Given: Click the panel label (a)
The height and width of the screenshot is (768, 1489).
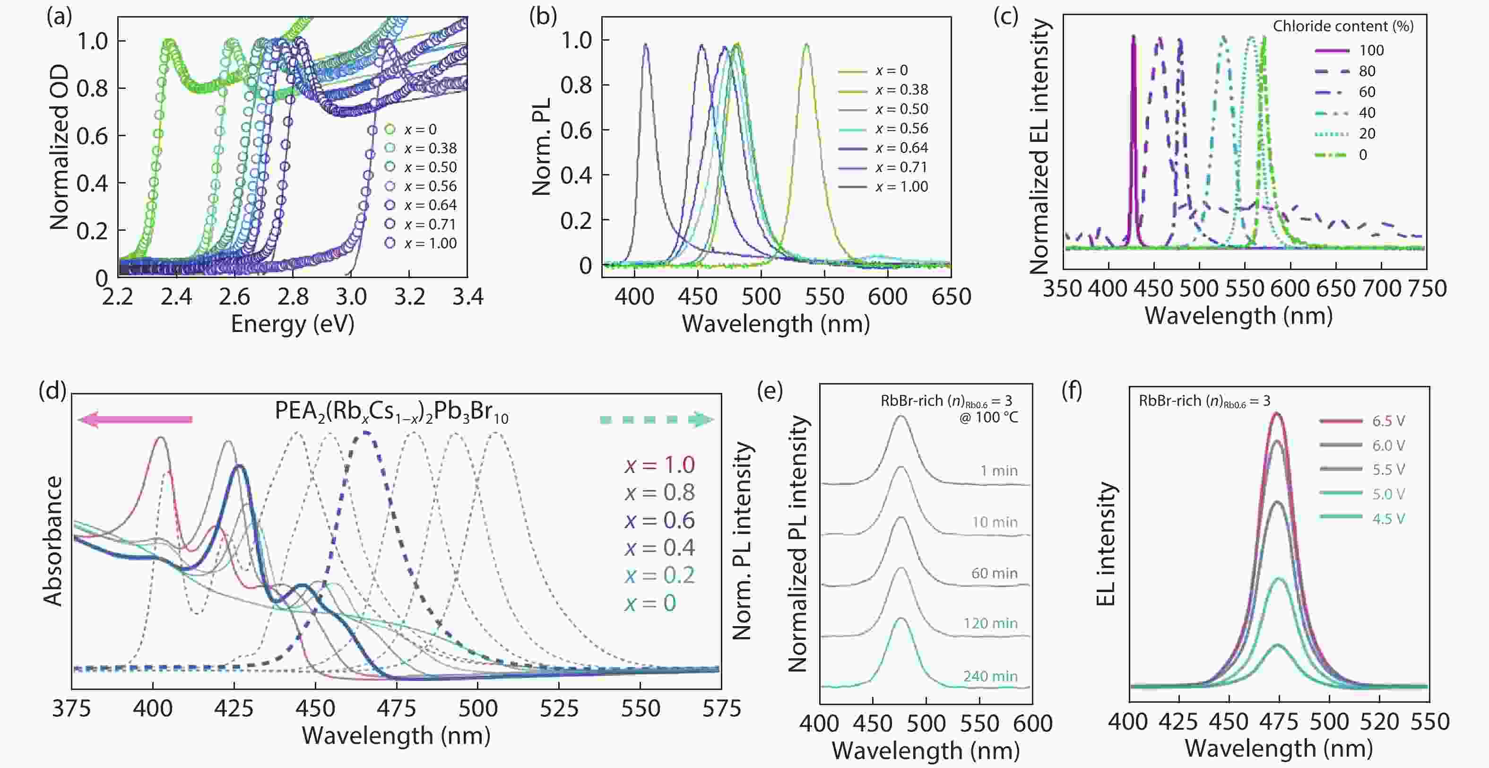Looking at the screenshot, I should (59, 18).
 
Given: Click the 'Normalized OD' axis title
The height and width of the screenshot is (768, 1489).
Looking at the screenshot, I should (59, 148).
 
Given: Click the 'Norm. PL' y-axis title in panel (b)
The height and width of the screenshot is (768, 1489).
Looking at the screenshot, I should (542, 147).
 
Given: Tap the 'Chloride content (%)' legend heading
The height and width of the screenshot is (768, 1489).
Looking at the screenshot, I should (1343, 26).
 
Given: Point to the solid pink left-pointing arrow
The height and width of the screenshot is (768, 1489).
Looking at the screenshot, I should (135, 420).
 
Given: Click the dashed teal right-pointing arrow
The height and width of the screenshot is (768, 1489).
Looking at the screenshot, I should (657, 420).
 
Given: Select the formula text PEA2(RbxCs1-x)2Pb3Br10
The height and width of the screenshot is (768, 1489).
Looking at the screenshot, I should (391, 412).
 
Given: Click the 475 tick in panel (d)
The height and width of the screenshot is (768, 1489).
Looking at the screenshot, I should (397, 709).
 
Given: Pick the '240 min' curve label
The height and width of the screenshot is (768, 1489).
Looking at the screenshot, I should (990, 676).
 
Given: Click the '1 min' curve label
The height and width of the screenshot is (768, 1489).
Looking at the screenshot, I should (999, 471).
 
